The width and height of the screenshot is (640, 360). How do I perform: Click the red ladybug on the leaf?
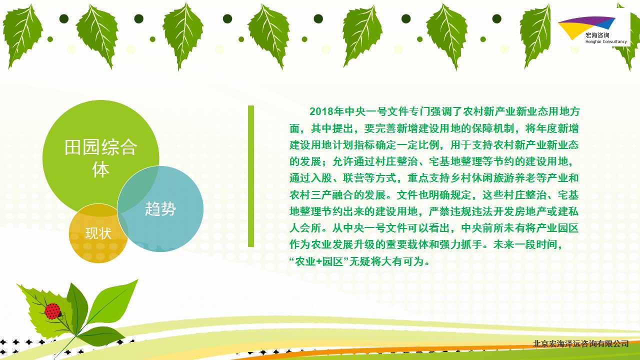coord(53,311)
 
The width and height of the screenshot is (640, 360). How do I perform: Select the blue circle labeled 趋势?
coord(160,209)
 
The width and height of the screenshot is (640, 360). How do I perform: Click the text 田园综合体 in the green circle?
coord(100,158)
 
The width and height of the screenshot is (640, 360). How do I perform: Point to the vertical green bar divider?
coord(251,176)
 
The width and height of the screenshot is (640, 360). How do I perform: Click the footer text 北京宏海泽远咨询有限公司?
coord(580,343)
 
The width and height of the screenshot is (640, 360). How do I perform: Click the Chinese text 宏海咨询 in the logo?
coord(597,35)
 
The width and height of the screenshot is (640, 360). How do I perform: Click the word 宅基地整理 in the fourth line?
coord(455,161)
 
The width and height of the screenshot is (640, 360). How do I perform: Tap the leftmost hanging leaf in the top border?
coord(22,36)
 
